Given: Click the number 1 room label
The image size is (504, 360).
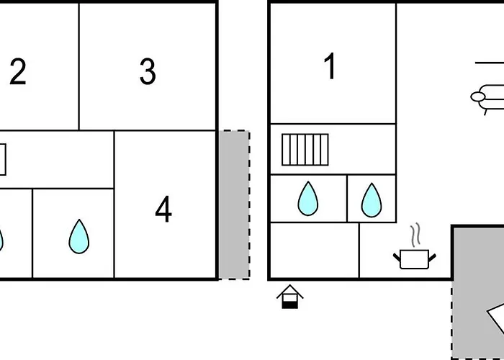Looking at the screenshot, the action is pos(330,66).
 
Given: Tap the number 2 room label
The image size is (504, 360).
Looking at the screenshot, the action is pos(18,72).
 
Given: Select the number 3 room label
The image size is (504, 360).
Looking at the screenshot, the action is pos(148,72).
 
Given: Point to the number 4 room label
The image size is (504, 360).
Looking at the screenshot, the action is pos(163,209).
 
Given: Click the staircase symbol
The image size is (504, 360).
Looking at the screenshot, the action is pos(305,150).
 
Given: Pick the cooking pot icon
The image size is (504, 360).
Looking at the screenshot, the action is pos(415,259).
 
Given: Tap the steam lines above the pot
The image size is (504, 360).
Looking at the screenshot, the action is pos(415,235).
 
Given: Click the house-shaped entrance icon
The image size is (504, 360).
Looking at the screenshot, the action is pos(290,297).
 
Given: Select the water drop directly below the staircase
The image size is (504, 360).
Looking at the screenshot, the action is pos(308,198).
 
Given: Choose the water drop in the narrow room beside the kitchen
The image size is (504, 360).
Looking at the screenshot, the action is pos(372,200).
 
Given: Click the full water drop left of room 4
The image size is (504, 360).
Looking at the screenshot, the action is pos(79,237).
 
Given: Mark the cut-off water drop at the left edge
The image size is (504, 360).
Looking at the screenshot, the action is pos(1,240).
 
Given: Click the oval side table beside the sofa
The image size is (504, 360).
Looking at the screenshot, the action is pos(478,96).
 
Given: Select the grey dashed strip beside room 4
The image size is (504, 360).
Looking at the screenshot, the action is pos(234,204).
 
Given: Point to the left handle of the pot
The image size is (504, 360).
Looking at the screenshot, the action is pos(397,258).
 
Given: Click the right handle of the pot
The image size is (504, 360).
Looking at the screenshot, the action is pos(432,258).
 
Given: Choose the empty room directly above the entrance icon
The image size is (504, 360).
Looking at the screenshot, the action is pos(315,250).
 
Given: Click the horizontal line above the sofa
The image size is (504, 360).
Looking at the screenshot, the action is pos(490,63).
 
